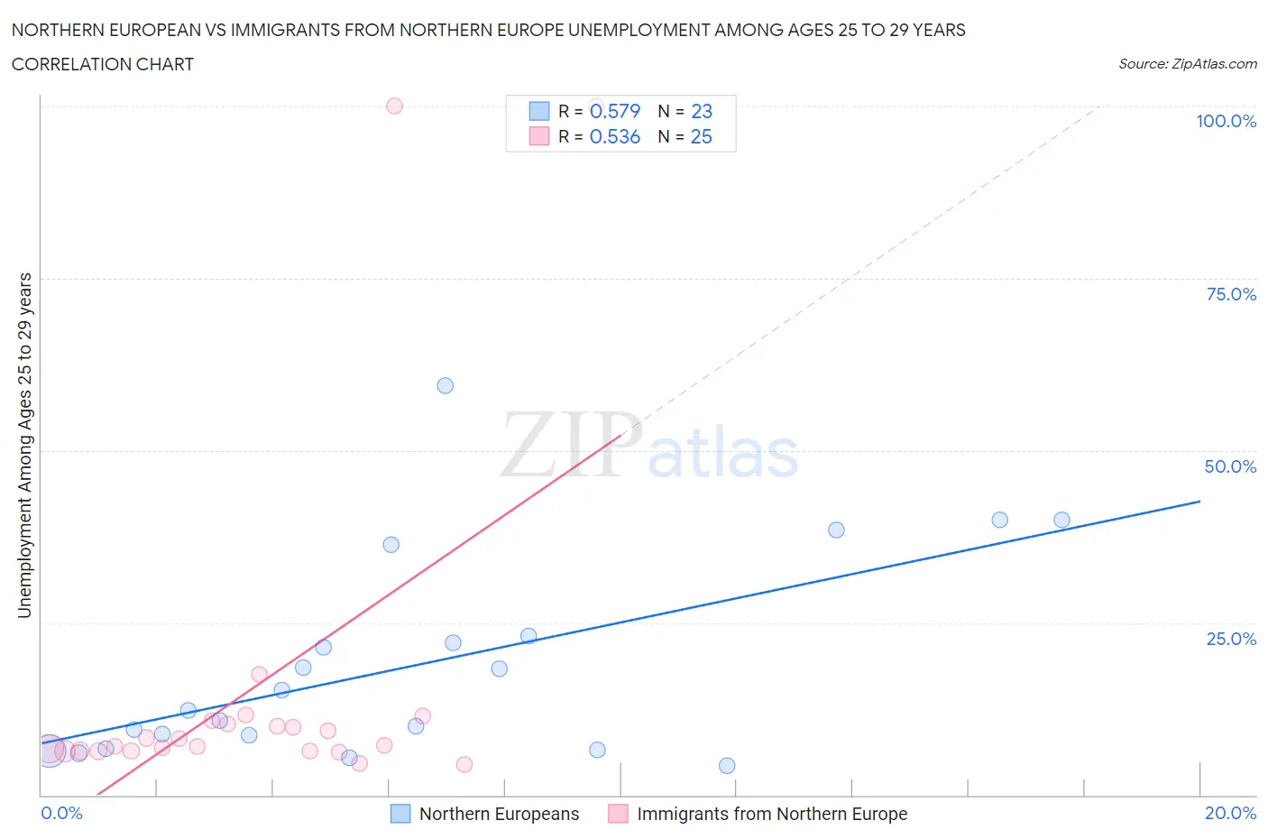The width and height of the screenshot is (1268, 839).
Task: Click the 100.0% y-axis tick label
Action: pyautogui.click(x=1226, y=121)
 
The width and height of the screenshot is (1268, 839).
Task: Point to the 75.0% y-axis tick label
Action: pyautogui.click(x=1231, y=294)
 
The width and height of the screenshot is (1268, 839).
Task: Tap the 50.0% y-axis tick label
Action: pyautogui.click(x=1230, y=466)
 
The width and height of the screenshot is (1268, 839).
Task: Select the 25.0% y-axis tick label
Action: pyautogui.click(x=1231, y=639)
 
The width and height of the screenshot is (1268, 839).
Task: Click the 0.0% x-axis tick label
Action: pyautogui.click(x=61, y=813)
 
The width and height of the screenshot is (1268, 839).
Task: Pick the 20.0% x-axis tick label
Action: pyautogui.click(x=1230, y=813)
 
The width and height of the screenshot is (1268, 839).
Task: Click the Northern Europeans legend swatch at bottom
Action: pyautogui.click(x=400, y=814)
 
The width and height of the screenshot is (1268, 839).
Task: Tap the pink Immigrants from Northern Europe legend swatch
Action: pyautogui.click(x=618, y=814)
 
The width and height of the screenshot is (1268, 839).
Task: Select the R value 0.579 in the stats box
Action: pyautogui.click(x=615, y=111)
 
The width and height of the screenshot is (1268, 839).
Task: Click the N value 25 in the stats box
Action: pyautogui.click(x=701, y=136)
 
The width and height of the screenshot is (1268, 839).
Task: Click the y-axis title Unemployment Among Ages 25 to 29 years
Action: pyautogui.click(x=24, y=446)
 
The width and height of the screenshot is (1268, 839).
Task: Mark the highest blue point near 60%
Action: pyautogui.click(x=445, y=385)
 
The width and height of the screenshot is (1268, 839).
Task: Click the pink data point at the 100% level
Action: pyautogui.click(x=394, y=106)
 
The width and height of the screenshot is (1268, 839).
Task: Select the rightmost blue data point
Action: pyautogui.click(x=1061, y=520)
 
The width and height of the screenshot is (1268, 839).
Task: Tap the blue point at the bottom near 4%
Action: pyautogui.click(x=727, y=766)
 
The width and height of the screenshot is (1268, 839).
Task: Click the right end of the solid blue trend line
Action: pyautogui.click(x=1199, y=501)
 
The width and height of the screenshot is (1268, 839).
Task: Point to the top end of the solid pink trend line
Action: pyautogui.click(x=621, y=436)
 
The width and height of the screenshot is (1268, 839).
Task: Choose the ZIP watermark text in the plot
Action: pyautogui.click(x=570, y=446)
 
